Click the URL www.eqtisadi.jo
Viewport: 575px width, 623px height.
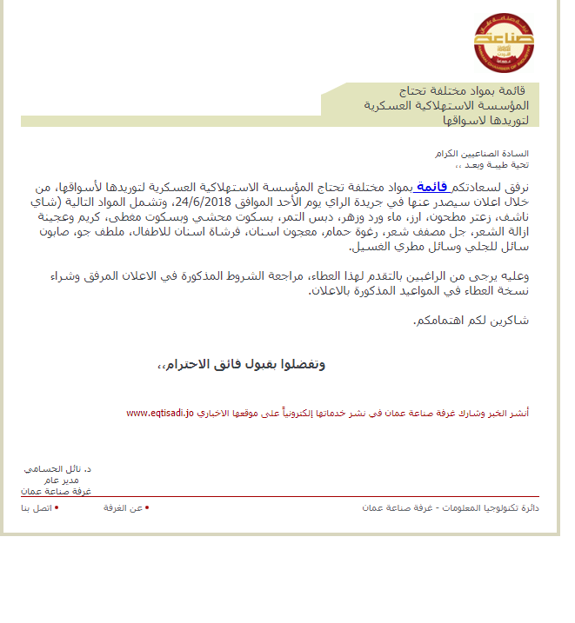[159, 413]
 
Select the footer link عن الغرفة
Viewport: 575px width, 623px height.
[123, 507]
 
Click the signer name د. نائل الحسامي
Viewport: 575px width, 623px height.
[57, 468]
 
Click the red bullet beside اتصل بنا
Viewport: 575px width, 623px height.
[56, 507]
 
